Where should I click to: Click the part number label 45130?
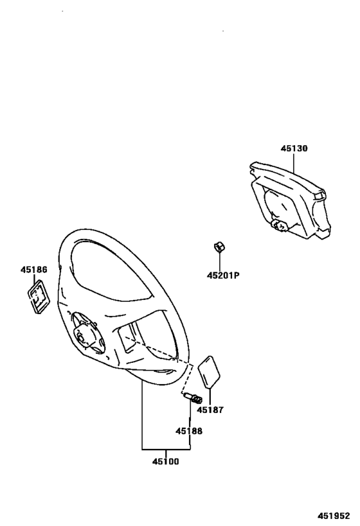294,148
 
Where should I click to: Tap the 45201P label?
223,276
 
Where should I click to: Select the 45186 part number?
34,269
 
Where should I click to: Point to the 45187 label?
210,410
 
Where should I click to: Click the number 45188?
189,431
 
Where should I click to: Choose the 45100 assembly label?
166,461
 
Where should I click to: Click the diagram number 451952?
334,516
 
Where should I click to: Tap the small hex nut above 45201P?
219,247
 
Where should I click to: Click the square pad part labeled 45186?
39,297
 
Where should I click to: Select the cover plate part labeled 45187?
209,372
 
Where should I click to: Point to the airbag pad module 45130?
291,200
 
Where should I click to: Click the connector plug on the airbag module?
280,226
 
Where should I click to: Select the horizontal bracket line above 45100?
166,449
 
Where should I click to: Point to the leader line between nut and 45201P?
219,262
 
